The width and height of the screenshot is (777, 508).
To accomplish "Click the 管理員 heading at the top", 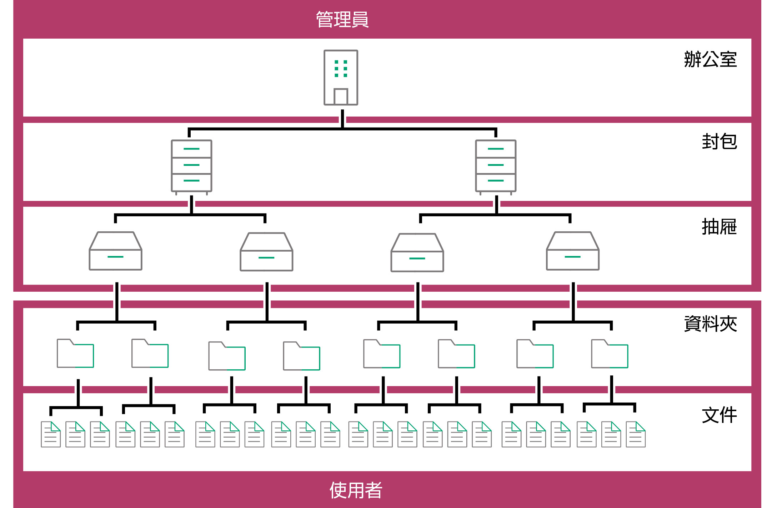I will (x=342, y=19).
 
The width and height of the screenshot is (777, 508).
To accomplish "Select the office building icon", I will (x=341, y=78).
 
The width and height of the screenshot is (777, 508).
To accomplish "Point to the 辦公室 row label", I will (x=710, y=59).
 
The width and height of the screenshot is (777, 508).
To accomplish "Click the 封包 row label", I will (x=719, y=142).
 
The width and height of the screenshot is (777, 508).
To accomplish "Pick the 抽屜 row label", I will (x=719, y=227).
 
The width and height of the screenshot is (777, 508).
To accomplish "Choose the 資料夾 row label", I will (x=710, y=324).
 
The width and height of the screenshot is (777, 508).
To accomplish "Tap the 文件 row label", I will (x=719, y=415).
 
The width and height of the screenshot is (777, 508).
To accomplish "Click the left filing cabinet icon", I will (x=191, y=166).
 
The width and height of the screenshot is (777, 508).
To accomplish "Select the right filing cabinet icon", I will (x=496, y=166).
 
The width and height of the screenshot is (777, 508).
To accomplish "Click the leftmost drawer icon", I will (x=115, y=251).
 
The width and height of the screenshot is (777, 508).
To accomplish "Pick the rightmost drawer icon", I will (x=572, y=251).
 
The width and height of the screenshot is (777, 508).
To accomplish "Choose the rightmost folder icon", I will (x=610, y=354).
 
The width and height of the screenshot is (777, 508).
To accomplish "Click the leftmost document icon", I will (x=51, y=434).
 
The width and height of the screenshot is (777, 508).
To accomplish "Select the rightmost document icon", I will (x=636, y=434).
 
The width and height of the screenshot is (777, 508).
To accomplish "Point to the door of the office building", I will (x=341, y=97).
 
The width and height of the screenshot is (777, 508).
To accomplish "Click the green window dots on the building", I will (x=341, y=69).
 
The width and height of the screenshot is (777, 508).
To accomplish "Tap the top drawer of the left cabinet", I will (x=191, y=149).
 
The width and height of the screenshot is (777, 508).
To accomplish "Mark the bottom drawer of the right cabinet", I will (x=496, y=182).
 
